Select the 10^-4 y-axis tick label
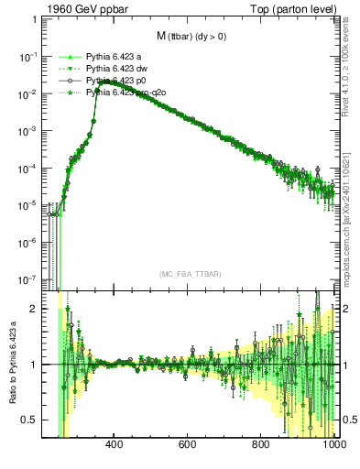27,169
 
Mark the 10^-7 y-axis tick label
27,280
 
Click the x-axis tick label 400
115,446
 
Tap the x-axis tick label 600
189,446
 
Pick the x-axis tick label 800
262,446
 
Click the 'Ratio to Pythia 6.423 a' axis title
11,364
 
